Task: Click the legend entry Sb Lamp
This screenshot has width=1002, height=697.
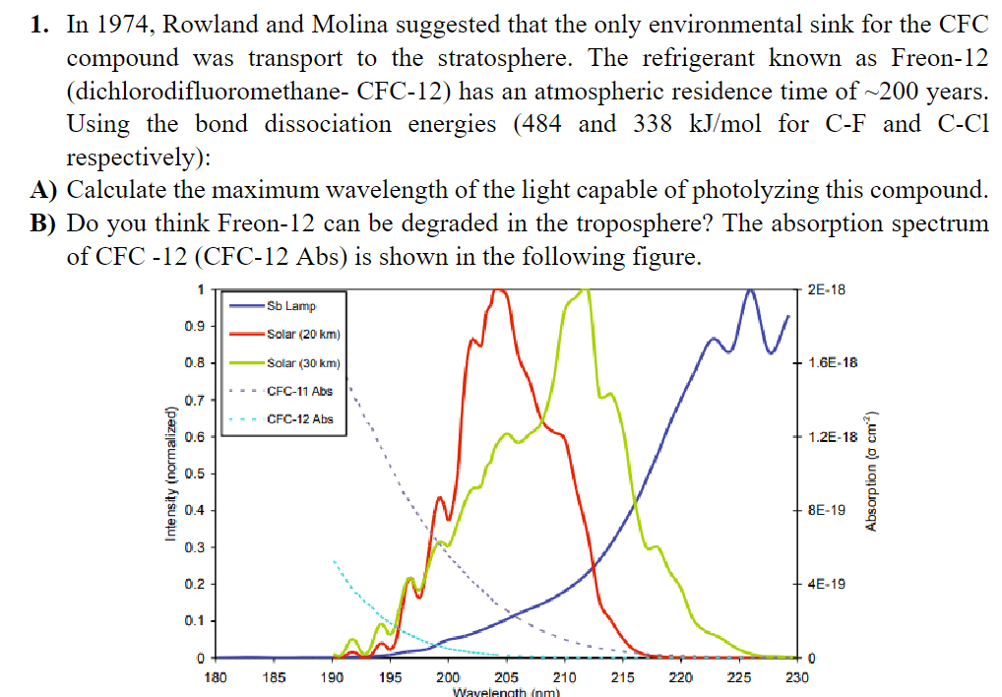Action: click(x=290, y=306)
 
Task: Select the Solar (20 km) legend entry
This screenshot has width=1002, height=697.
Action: click(x=303, y=334)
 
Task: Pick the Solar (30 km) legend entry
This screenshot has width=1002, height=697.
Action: click(x=303, y=363)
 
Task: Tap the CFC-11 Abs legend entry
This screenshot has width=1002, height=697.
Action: click(x=299, y=391)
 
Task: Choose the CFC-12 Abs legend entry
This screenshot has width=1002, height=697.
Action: click(x=299, y=419)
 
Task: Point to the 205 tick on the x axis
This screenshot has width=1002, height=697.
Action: click(x=506, y=677)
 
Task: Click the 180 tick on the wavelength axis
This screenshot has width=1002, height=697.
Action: click(x=215, y=677)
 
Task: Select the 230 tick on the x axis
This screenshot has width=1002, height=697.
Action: click(x=797, y=677)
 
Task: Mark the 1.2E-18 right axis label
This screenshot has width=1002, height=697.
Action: click(x=831, y=437)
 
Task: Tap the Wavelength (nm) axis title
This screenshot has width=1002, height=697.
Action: click(x=506, y=692)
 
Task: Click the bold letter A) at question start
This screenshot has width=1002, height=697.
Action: click(x=42, y=190)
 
